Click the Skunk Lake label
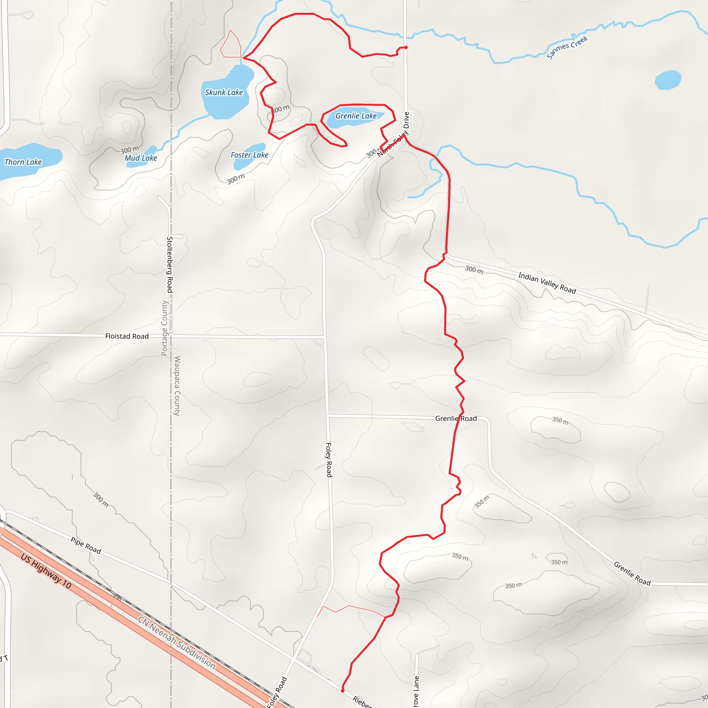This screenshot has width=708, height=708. coord(224,92)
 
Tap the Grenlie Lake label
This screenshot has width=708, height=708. coord(356,116)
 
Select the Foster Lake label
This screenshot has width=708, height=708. coord(249,155)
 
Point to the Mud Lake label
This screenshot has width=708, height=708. coord(141,158)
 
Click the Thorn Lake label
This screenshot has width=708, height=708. coord(23,162)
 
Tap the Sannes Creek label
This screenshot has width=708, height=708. coord(567,47)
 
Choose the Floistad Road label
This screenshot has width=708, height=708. coord(127,336)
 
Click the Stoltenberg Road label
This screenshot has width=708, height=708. coord(170,264)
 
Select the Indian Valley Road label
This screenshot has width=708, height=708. coord(547,283)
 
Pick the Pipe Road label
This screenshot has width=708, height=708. coord(86,545)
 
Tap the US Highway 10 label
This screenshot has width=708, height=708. coord(46,571)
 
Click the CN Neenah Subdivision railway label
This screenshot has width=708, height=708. coord(177,642)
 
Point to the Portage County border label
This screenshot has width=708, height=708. coord(165,328)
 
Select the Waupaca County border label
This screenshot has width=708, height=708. coord(177,385)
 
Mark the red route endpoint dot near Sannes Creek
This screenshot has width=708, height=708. coord(406,47)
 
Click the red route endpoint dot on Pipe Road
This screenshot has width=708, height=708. coord(342,691)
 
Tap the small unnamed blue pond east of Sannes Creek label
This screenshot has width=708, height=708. coord(668,80)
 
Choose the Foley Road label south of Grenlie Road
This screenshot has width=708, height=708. coord(329,460)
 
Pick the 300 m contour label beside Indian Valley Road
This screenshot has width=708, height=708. coord(474,270)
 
